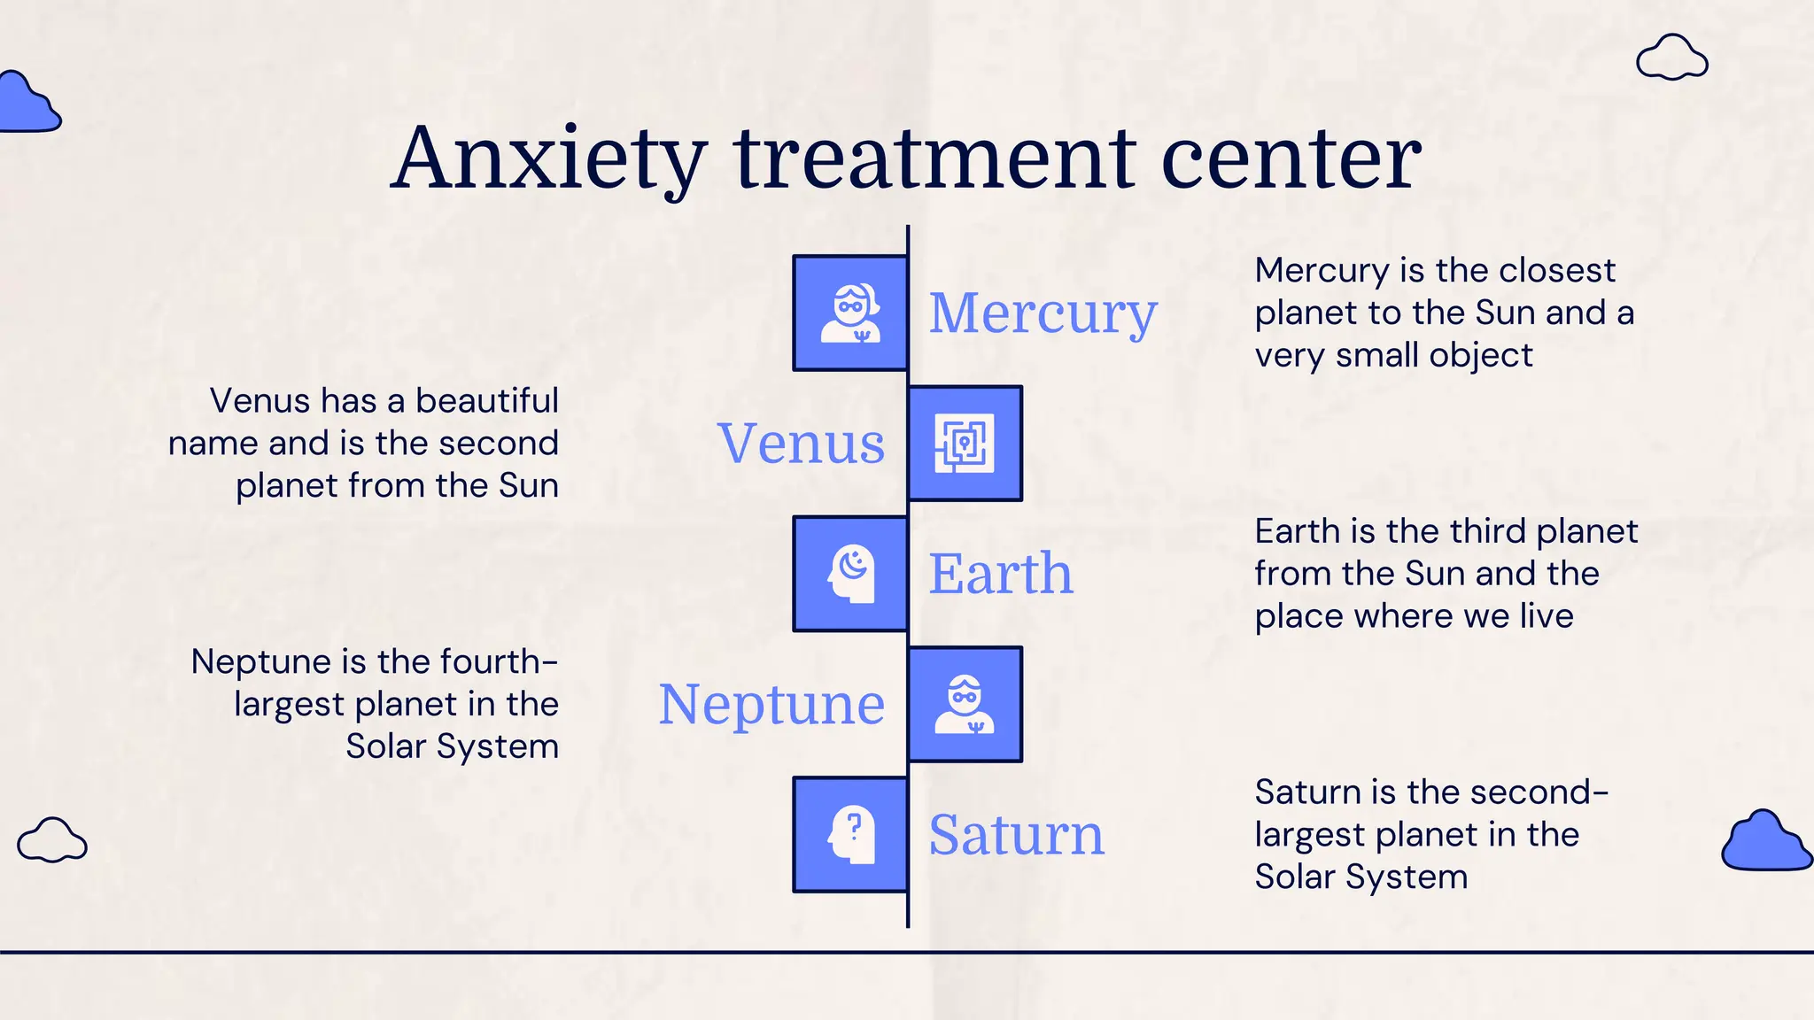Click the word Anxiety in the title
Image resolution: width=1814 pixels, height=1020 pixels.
pos(548,159)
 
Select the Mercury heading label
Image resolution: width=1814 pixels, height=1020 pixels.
pos(1043,313)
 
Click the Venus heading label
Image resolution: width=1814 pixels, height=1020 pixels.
pos(801,444)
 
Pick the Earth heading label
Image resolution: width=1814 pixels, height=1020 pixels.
pos(1001,574)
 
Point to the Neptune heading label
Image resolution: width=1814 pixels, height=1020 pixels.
pos(771,705)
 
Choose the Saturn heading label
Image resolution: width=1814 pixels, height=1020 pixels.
pos(1016,834)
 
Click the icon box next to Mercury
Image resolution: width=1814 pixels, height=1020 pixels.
pos(850,313)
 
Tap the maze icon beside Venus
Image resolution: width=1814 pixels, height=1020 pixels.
pos(965,444)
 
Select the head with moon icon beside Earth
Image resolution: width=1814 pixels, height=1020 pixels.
pos(850,574)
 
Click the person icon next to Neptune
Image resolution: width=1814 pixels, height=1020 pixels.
pos(965,705)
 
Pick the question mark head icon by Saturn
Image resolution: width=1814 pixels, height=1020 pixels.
pos(850,835)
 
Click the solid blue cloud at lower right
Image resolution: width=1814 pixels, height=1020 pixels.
pos(1765,842)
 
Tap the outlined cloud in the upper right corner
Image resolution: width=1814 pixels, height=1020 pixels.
pos(1671,58)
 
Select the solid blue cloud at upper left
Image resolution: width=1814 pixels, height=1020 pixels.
pos(27,104)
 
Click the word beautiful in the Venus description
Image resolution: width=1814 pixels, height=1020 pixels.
pos(487,401)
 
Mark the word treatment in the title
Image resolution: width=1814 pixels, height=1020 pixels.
pos(934,159)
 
